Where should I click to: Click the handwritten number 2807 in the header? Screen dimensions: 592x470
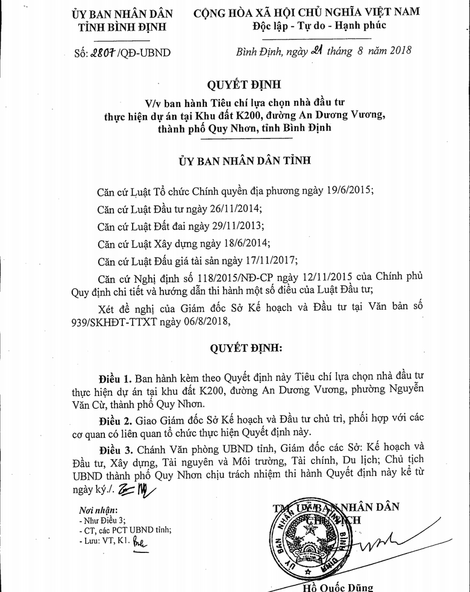[105, 52]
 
